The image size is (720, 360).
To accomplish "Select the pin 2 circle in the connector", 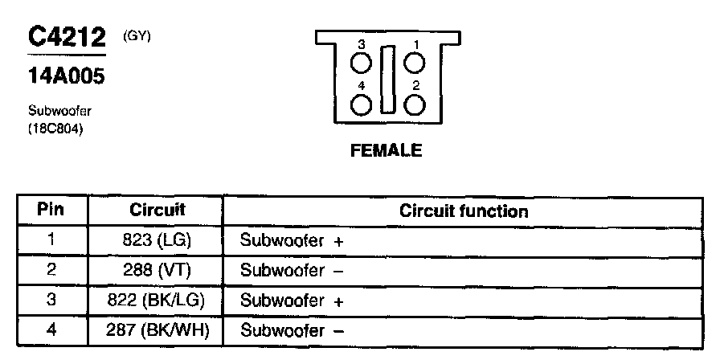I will pos(415,104).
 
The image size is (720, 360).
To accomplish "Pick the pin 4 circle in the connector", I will pos(362,104).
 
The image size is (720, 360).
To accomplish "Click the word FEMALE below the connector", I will pos(386,151).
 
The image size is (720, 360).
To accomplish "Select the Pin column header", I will pos(51,211).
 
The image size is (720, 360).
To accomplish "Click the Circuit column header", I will pos(157,211).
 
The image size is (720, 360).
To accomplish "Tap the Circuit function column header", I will pos(464,211).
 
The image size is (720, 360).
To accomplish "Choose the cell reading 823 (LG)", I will pos(157,240).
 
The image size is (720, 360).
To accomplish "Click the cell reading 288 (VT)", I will pos(157,271).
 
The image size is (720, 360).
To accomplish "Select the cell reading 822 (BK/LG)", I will pos(157,301).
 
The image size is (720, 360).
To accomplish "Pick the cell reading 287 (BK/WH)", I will pos(157,331).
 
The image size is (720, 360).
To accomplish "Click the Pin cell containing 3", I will pos(51,301).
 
